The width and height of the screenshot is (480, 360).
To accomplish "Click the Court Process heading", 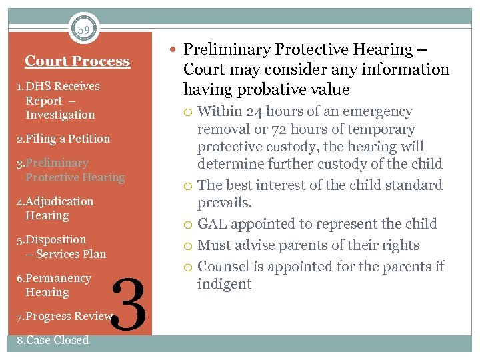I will (x=77, y=61).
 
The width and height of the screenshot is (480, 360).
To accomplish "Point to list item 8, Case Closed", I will (x=53, y=340).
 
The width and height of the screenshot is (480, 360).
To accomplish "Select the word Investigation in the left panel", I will (x=60, y=115).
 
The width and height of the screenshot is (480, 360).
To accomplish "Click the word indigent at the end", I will (x=225, y=284).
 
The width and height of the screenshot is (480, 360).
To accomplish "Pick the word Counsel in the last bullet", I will (x=222, y=267).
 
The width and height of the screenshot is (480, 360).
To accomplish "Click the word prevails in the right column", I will (x=224, y=203).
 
